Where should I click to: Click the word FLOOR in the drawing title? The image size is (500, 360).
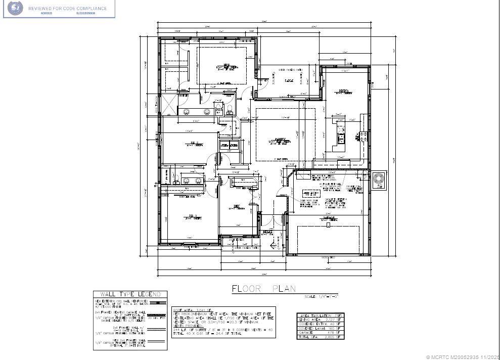247,289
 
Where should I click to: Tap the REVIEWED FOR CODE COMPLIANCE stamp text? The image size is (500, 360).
67,9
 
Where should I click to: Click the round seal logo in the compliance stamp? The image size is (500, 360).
16,8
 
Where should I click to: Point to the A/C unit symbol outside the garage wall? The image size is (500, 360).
379,181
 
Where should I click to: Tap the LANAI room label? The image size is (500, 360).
289,80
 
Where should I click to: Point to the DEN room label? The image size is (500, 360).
236,206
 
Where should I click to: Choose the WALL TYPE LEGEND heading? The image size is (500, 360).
130,294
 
